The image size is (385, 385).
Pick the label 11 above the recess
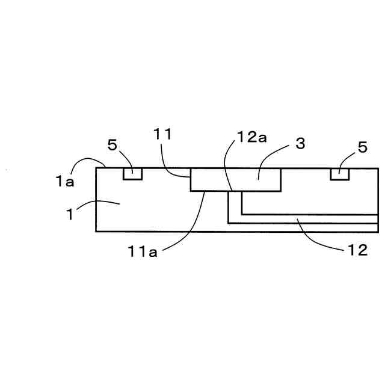163,134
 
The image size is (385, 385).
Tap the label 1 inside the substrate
70,214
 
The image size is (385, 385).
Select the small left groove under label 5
132,173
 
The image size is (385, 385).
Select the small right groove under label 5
340,173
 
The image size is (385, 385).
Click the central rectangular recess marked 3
235,180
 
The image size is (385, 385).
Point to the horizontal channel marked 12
307,219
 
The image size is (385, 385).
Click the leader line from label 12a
226,165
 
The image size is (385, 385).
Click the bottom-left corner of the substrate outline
96,231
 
